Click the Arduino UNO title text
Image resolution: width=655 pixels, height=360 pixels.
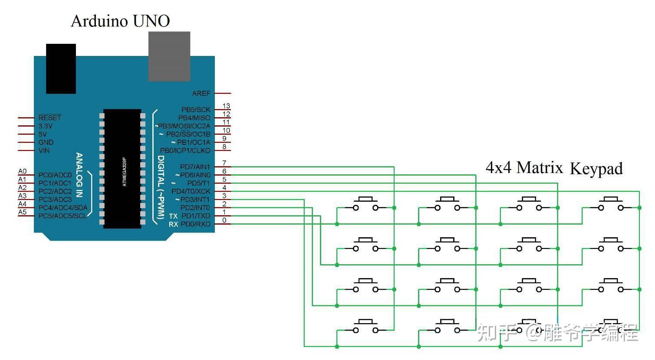[x=120, y=21]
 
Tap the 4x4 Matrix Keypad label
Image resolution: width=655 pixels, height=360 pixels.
[x=554, y=168]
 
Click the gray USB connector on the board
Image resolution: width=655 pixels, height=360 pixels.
[x=169, y=56]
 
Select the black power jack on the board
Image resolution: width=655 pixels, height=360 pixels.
[x=61, y=68]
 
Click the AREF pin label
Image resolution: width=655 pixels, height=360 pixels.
[x=201, y=93]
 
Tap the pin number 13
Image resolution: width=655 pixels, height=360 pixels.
[x=226, y=106]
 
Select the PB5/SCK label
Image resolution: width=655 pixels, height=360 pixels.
[x=195, y=110]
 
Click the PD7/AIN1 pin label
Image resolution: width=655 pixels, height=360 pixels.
[x=195, y=167]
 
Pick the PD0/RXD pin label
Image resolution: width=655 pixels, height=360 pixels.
[x=195, y=224]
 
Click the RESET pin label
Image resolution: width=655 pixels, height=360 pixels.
[x=49, y=118]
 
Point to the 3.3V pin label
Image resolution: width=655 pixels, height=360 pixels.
[x=45, y=126]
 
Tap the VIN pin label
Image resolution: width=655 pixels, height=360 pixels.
[x=44, y=151]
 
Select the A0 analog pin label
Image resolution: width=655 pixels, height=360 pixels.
[x=22, y=171]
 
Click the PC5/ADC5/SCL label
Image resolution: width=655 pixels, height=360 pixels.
[x=63, y=216]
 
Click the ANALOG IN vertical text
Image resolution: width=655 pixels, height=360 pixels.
[x=79, y=175]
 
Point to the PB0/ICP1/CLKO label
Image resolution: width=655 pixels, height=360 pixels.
[x=185, y=151]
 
